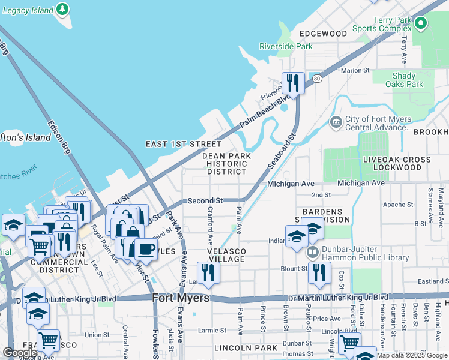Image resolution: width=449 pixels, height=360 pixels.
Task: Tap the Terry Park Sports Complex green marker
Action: [x=421, y=24]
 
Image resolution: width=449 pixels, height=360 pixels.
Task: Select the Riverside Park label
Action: [x=286, y=46]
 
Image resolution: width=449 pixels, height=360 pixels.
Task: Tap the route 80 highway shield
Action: [x=316, y=78]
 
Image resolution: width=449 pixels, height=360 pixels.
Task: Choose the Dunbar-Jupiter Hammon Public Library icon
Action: [x=313, y=253]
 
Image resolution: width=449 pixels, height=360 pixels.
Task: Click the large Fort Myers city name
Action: [x=181, y=298]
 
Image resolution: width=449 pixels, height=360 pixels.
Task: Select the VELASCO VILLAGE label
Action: [x=227, y=254]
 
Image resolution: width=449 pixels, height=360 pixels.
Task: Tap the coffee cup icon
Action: [x=145, y=248]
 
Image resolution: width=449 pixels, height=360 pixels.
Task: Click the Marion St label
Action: [x=355, y=70]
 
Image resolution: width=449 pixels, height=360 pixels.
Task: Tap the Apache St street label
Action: [x=398, y=205]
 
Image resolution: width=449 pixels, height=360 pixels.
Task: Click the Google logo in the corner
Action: [x=20, y=353]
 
